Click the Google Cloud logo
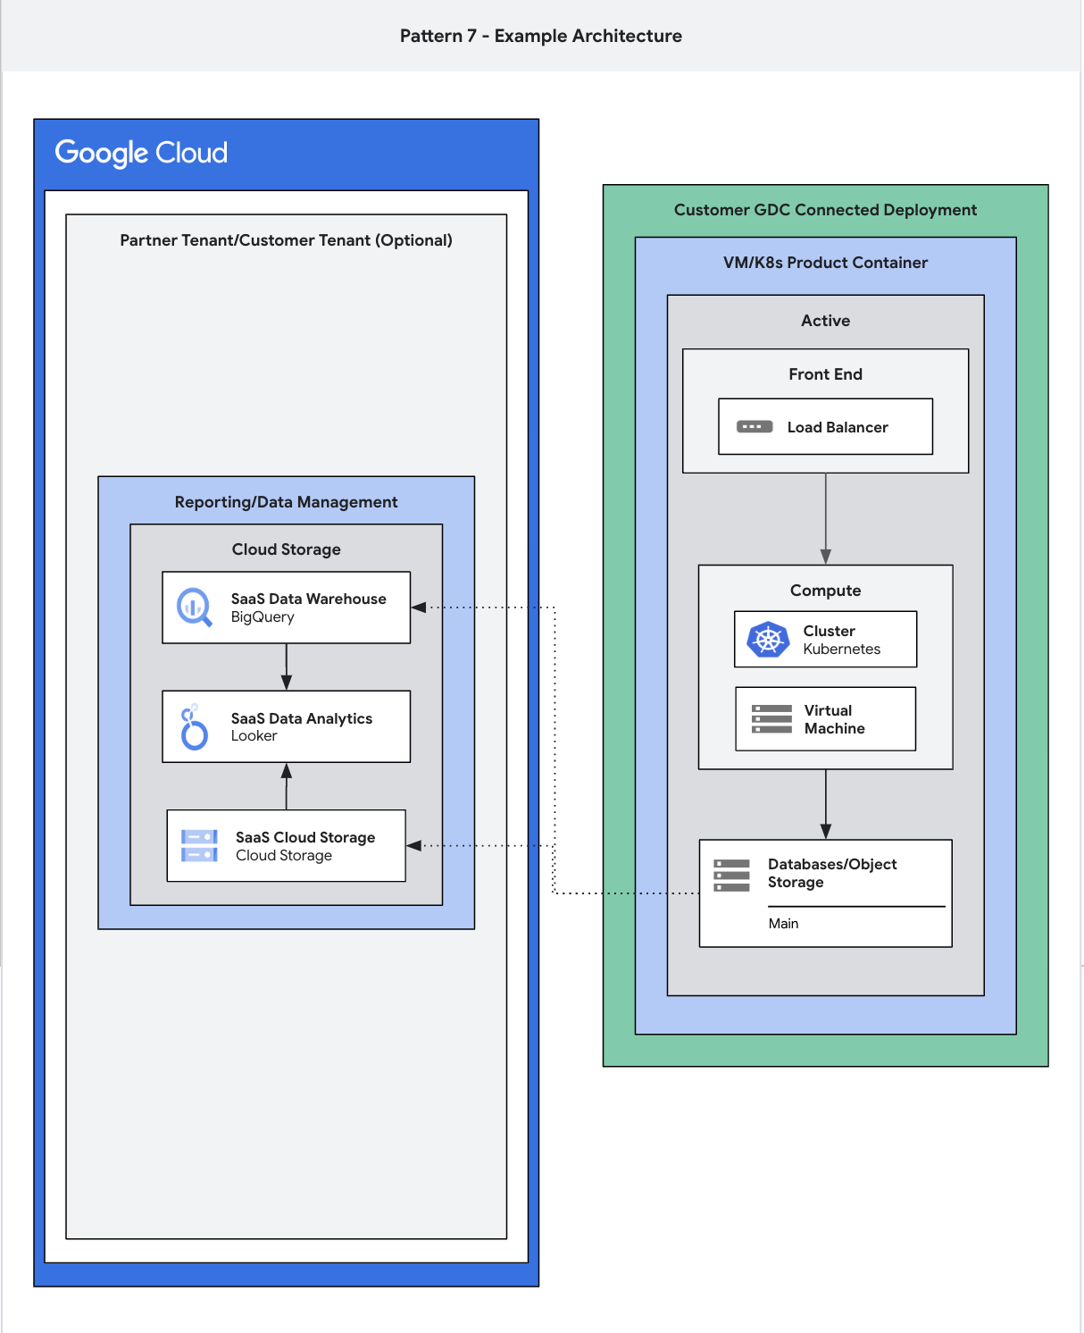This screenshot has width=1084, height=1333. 141,153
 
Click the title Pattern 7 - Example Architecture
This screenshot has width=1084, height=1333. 540,36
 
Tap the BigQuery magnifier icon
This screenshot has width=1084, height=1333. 194,608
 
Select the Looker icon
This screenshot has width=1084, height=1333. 194,727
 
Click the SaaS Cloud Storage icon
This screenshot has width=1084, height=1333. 199,846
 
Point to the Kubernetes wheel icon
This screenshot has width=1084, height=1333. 768,640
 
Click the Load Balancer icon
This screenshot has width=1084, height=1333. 755,427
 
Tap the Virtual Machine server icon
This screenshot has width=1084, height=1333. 771,719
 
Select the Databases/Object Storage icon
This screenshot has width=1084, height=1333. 731,876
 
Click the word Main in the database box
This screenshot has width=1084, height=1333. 783,924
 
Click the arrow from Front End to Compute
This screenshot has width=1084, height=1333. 826,518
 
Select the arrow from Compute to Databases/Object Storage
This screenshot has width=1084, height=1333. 826,804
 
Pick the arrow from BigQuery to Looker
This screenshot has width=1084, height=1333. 287,666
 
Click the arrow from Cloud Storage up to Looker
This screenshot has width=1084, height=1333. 287,786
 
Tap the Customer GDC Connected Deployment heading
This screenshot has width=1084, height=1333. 825,210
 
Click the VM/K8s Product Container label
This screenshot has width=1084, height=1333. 825,263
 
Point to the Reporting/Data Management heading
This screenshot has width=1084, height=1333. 286,502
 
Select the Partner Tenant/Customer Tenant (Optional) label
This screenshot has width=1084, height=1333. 286,240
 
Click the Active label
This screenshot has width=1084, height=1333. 825,321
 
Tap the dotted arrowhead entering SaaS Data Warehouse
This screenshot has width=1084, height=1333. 418,608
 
